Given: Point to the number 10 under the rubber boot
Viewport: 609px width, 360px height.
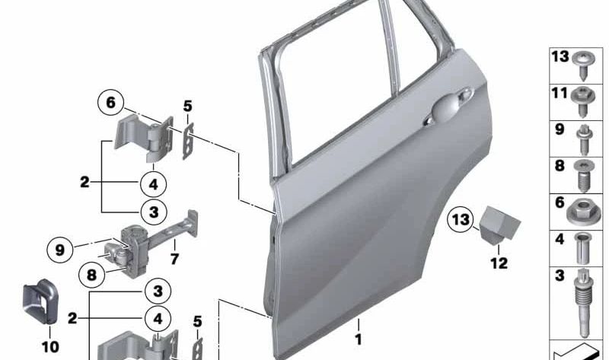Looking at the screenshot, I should coord(49,347).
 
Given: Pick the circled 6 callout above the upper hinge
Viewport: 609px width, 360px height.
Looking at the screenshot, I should coord(110,103).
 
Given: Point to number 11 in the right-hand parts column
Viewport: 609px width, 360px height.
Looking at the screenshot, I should coord(560,94).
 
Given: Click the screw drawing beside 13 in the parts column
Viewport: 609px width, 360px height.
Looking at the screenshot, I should coord(587,61).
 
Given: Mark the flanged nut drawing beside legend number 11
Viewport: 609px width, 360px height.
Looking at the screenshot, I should coord(587,97).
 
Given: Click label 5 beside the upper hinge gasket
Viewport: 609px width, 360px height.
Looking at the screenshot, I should coord(187,106).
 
